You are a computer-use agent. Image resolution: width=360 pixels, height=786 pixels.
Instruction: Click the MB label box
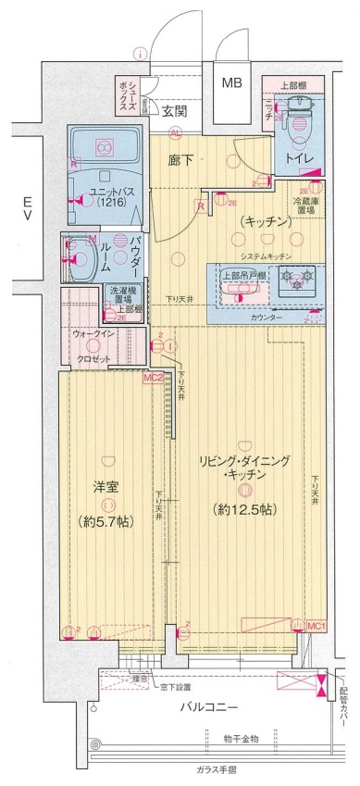pos(232,83)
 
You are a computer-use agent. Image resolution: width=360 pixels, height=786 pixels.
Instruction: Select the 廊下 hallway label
pos(180,158)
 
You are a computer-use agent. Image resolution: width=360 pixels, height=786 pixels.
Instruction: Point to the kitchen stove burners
pos(298,276)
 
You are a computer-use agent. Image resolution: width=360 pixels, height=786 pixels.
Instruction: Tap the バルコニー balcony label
pos(210,707)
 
